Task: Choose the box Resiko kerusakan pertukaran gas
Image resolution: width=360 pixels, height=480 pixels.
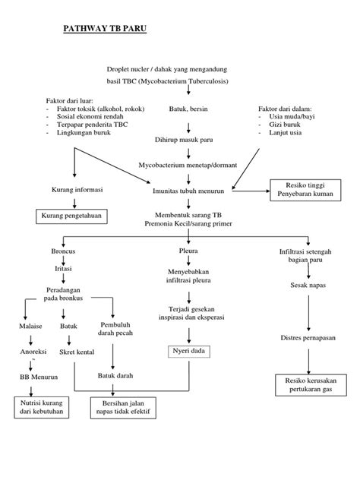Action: (306, 384)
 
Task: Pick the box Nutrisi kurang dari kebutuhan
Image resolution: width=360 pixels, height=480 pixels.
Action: (42, 407)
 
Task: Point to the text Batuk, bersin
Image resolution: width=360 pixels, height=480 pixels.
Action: (188, 109)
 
